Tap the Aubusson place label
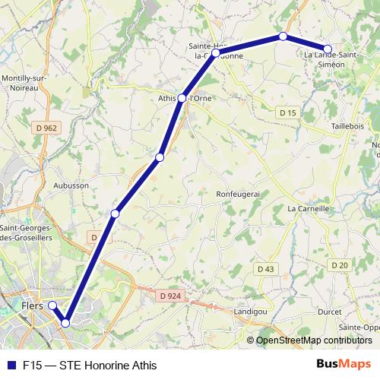(x=71, y=185)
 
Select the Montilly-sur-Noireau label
(x=26, y=83)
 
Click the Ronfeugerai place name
(x=239, y=194)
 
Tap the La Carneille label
(x=308, y=207)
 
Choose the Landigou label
(x=251, y=312)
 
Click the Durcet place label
(x=331, y=312)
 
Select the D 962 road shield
(x=46, y=128)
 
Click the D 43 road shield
(x=265, y=269)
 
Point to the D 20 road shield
(x=339, y=264)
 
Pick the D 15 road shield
(x=287, y=113)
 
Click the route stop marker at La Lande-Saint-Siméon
(x=328, y=49)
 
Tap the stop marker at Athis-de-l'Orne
(x=182, y=98)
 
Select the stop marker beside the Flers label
(x=52, y=306)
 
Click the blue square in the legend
(x=11, y=366)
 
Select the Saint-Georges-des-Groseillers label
(x=26, y=233)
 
